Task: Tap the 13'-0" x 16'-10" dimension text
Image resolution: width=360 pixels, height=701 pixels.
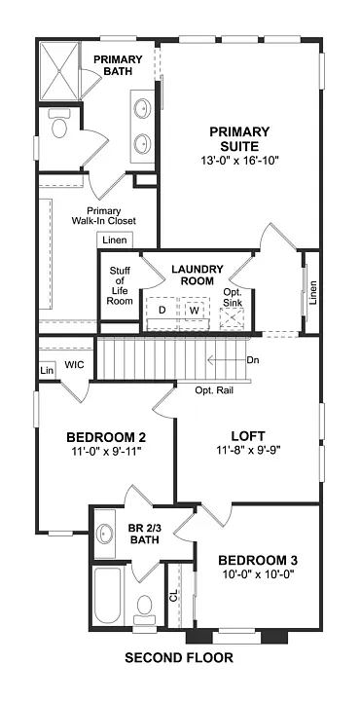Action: [239, 161]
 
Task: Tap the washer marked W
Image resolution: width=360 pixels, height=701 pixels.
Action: [194, 310]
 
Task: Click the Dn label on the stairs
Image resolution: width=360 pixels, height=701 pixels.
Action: [253, 359]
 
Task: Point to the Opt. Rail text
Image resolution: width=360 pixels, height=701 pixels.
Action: [215, 390]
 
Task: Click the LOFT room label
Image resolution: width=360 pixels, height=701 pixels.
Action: [249, 436]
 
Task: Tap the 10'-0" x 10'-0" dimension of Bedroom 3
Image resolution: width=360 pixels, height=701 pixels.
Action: [257, 575]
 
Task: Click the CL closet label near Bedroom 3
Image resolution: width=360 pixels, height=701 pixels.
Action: [174, 595]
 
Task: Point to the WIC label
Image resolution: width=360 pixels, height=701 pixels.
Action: [74, 364]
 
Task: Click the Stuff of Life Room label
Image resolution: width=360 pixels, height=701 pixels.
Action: [119, 285]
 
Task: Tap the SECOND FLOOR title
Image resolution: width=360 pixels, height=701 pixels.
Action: [179, 658]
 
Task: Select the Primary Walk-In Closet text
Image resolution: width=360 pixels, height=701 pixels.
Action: [110, 215]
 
